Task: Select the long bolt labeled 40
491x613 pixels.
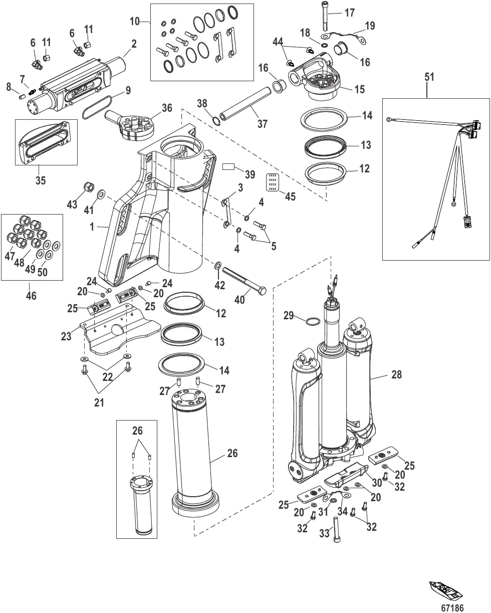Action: [242, 282]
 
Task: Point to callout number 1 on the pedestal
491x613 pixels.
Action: [92, 227]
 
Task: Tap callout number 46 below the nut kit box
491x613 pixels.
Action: [31, 295]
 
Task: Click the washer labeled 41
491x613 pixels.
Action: [101, 194]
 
